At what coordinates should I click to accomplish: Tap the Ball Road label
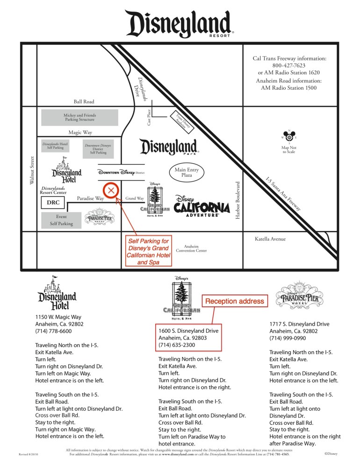click(84, 102)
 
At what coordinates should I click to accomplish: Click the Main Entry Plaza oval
click(187, 172)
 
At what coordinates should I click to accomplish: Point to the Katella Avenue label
click(270, 239)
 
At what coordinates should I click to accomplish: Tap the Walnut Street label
click(32, 170)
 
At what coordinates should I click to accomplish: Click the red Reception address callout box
click(236, 301)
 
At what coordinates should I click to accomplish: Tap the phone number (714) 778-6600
click(54, 331)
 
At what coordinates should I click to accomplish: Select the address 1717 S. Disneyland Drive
click(299, 324)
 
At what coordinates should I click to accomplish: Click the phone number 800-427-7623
click(289, 66)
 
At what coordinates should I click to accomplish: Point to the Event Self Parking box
click(62, 220)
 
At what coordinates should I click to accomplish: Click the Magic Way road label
click(80, 132)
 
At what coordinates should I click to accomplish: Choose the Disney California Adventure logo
click(202, 206)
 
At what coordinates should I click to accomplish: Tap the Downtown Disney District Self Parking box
click(98, 149)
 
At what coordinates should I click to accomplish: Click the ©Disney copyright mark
click(331, 453)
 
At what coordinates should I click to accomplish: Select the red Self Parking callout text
click(148, 252)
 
